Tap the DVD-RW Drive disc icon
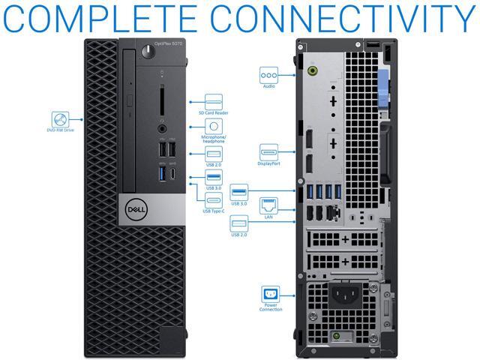[61, 118]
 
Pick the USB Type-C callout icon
[213, 200]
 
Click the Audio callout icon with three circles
[268, 75]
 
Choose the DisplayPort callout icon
[268, 151]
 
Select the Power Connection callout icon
[270, 294]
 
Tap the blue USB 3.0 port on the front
[160, 174]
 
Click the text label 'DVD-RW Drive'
[61, 131]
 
